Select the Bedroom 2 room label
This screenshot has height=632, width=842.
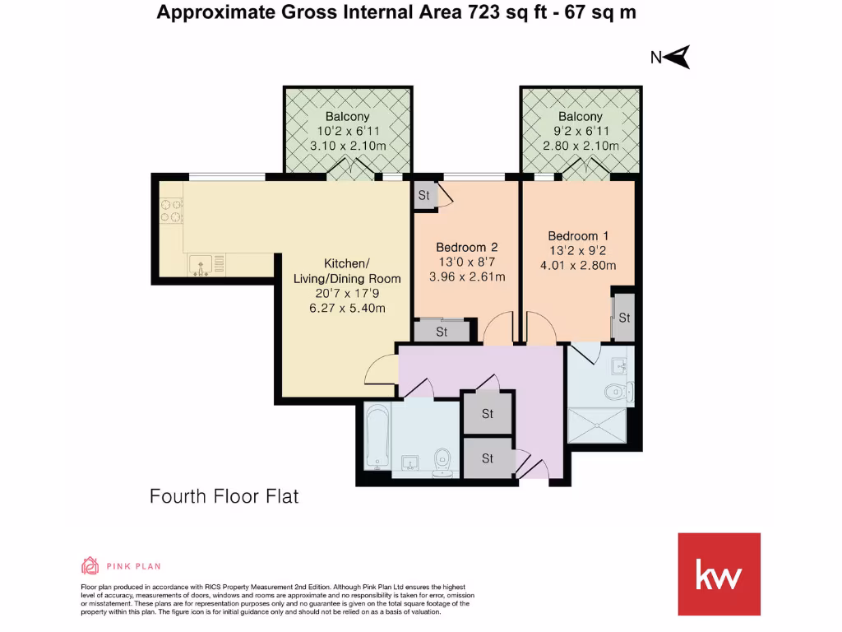pyautogui.click(x=466, y=247)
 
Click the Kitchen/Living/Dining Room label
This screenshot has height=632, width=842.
pyautogui.click(x=346, y=271)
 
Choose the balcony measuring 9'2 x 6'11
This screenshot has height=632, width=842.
pyautogui.click(x=581, y=131)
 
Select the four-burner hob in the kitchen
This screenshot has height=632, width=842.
pyautogui.click(x=172, y=211)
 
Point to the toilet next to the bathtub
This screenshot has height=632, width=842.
pyautogui.click(x=443, y=462)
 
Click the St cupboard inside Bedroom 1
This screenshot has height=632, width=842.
pyautogui.click(x=623, y=318)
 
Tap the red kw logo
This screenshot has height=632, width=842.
pyautogui.click(x=719, y=574)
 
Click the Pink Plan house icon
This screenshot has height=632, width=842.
pyautogui.click(x=90, y=565)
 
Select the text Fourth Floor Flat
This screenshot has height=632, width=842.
pyautogui.click(x=224, y=496)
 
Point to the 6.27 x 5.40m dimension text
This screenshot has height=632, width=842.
pyautogui.click(x=346, y=308)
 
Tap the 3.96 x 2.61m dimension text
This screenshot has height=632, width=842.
pyautogui.click(x=466, y=276)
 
